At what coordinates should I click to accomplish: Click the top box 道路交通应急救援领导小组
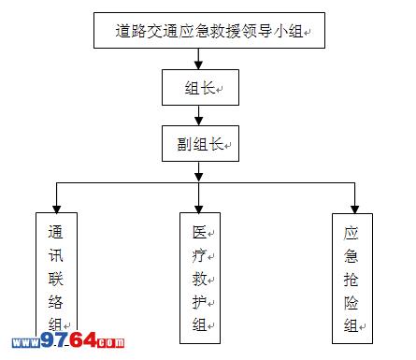pos(209,30)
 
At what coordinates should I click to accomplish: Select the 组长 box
pos(200,87)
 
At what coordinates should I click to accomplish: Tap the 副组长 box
pos(200,143)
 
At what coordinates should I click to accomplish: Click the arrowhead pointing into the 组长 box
pos(198,65)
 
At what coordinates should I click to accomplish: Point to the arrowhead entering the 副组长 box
pos(198,121)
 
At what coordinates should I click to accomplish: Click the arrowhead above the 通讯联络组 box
pos(56,209)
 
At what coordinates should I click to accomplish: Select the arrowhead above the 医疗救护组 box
pos(198,209)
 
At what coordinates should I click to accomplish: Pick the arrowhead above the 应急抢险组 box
pos(354,209)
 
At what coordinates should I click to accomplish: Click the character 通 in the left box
pos(56,232)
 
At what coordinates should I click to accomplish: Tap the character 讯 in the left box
pos(56,255)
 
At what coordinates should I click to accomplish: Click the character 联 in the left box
pos(56,279)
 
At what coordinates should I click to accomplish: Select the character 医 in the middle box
pos(199,232)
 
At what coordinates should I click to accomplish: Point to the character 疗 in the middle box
pos(199,255)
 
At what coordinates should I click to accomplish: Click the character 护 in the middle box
pos(199,302)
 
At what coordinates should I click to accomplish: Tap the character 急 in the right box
pos(351,256)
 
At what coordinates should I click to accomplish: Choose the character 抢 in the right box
pos(351,280)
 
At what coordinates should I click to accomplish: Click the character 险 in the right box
pos(351,302)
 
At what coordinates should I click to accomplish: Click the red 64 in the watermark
pos(83,339)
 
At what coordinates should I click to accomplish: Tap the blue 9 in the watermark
pos(48,339)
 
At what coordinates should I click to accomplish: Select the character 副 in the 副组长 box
pos(185,144)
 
